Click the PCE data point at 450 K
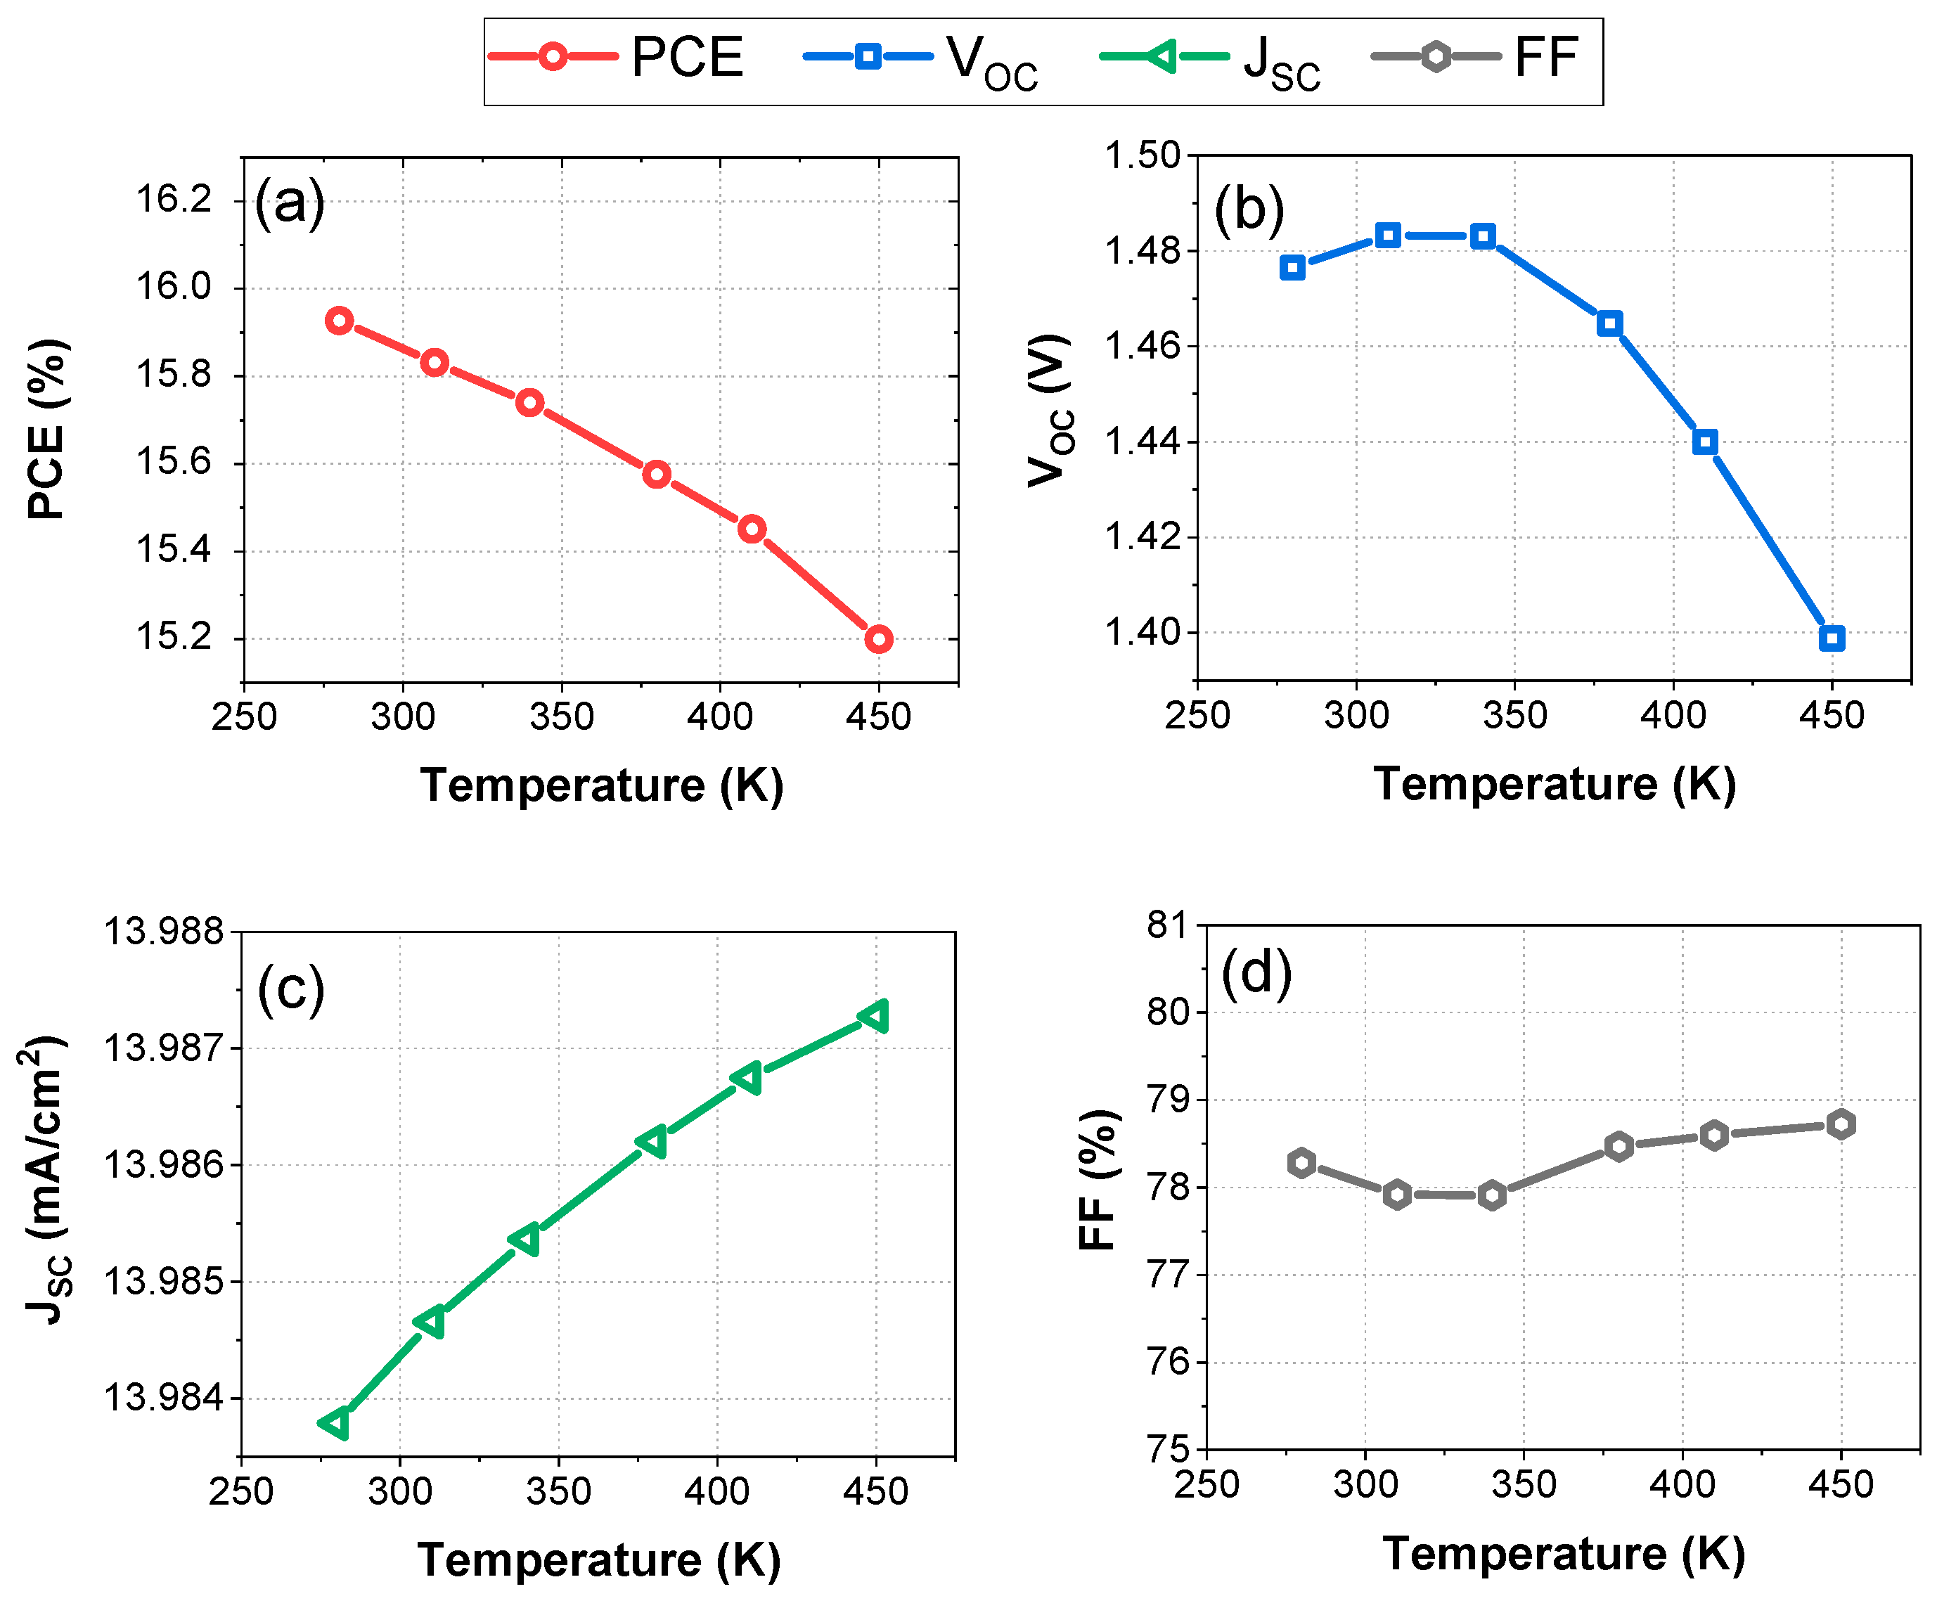878,638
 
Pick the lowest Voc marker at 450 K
1832,638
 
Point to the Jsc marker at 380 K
653,1142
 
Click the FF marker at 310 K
1398,1195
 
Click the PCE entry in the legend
686,57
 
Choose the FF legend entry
1546,57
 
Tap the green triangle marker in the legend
1163,56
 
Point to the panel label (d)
1256,973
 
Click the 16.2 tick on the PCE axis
174,199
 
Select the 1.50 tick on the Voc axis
1143,155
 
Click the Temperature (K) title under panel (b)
1555,784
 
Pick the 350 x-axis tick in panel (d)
1524,1484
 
